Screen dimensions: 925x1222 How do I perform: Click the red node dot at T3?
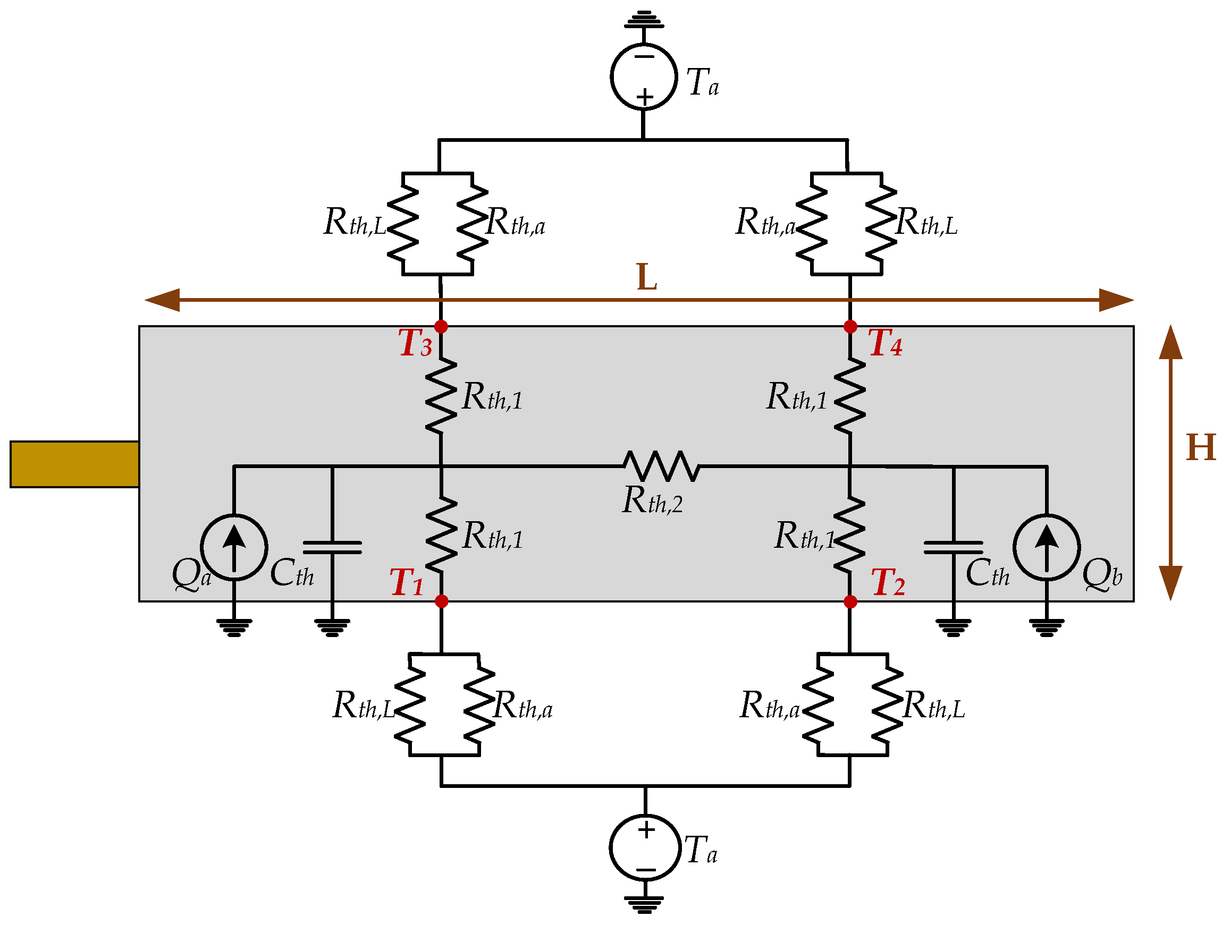(441, 326)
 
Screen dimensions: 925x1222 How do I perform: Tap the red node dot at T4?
(850, 326)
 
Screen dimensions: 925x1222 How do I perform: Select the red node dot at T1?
(441, 601)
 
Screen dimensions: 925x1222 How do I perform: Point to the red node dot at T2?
(851, 601)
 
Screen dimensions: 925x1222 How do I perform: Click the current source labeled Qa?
(234, 547)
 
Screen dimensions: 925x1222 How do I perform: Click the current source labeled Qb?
(1046, 547)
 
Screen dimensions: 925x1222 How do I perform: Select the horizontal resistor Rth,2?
(662, 466)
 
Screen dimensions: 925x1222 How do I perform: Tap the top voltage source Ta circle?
(644, 77)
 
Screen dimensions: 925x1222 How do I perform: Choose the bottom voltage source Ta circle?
(645, 847)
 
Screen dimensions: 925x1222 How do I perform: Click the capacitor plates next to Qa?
(332, 547)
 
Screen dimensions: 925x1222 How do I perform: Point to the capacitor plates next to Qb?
(954, 547)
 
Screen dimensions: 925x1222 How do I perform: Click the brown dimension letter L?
(646, 277)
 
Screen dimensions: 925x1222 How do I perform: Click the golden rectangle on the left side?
(74, 464)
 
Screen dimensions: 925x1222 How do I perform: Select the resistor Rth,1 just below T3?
(441, 395)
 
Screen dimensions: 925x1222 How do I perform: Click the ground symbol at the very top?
(644, 20)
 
